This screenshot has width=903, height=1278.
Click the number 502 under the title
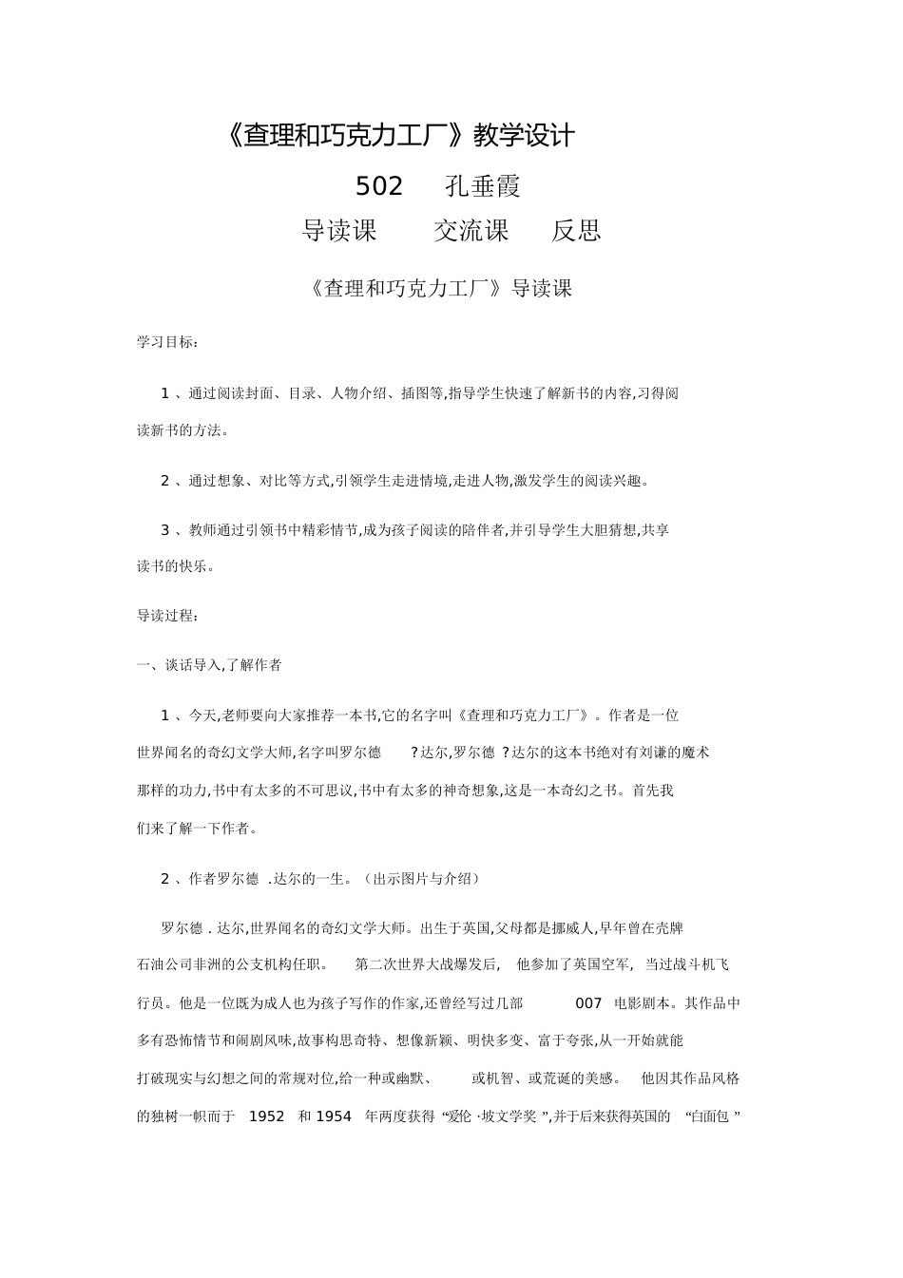pos(379,186)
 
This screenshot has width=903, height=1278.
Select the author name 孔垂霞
pos(483,186)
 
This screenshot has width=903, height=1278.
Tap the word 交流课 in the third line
pos(471,231)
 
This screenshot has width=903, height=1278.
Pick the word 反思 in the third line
pos(576,231)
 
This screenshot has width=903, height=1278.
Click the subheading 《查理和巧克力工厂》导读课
pos(440,289)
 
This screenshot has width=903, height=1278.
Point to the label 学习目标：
pos(167,342)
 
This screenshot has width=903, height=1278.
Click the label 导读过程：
pos(167,616)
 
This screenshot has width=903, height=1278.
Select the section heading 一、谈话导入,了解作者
pos(209,665)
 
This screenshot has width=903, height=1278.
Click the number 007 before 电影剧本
pos(589,1002)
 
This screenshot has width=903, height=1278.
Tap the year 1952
pos(266,1116)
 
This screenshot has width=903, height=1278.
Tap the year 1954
pos(334,1116)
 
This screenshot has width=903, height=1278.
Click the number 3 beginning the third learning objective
pos(164,530)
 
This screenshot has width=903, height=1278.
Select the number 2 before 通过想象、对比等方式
pos(164,481)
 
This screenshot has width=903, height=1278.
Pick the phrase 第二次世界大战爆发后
pos(426,964)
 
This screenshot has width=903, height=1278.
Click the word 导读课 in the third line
pos(339,231)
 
